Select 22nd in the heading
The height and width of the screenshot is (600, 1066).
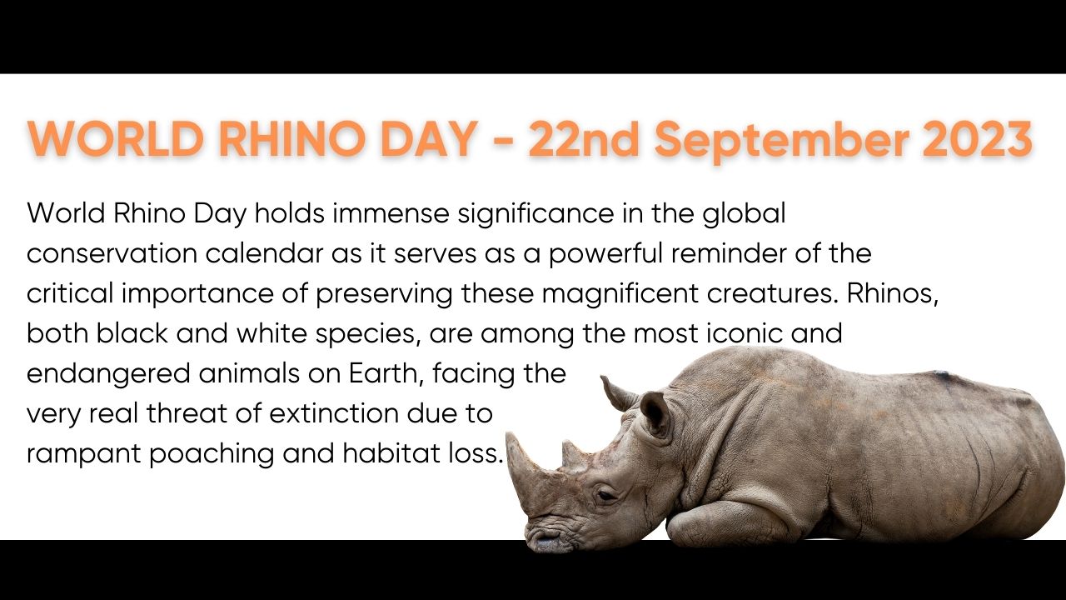pyautogui.click(x=584, y=138)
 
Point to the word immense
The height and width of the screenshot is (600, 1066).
pyautogui.click(x=391, y=213)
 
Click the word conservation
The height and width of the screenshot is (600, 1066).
pyautogui.click(x=112, y=253)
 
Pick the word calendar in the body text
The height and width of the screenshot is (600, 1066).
pyautogui.click(x=264, y=253)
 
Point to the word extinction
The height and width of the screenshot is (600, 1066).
pyautogui.click(x=333, y=413)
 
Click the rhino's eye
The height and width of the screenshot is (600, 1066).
pyautogui.click(x=607, y=495)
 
